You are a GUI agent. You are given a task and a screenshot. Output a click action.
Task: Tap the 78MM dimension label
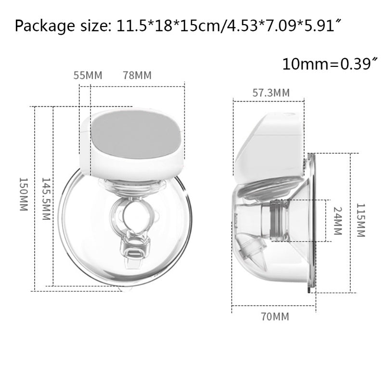(137, 76)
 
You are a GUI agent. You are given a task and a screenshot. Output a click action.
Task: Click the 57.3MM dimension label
(271, 93)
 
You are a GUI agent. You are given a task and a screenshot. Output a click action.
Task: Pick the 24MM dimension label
(336, 220)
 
